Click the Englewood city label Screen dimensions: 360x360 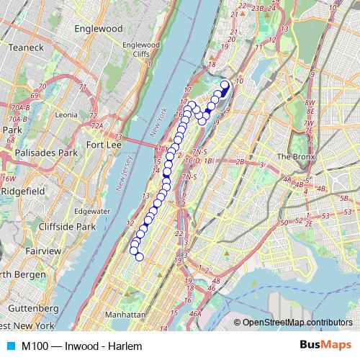pyautogui.click(x=99, y=30)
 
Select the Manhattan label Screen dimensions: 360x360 pyautogui.click(x=125, y=315)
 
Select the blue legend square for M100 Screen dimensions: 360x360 pyautogui.click(x=9, y=346)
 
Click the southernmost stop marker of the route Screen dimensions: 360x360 pyautogui.click(x=140, y=257)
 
